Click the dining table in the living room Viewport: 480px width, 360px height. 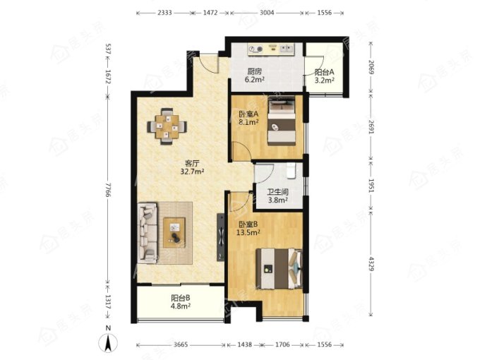(x=167, y=126)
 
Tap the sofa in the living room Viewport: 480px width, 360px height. (x=148, y=233)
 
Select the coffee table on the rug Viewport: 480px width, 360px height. (x=174, y=232)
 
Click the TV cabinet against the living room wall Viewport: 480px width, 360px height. (x=220, y=237)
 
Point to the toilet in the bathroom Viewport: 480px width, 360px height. (x=291, y=171)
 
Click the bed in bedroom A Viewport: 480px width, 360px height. (x=282, y=121)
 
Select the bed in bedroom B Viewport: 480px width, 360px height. (x=280, y=268)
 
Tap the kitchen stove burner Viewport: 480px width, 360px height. (x=256, y=49)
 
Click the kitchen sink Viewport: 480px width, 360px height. (x=287, y=48)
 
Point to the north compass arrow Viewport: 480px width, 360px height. (x=108, y=343)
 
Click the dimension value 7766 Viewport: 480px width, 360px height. (x=107, y=190)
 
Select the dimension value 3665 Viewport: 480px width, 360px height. (x=181, y=344)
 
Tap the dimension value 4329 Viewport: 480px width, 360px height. (x=371, y=263)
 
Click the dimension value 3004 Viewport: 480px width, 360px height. (x=267, y=13)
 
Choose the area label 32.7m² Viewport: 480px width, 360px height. (x=192, y=172)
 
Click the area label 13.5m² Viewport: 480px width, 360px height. (x=248, y=232)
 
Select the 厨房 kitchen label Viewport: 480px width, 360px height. (x=255, y=72)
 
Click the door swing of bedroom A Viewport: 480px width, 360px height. (x=240, y=151)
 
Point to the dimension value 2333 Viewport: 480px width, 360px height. (x=164, y=13)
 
